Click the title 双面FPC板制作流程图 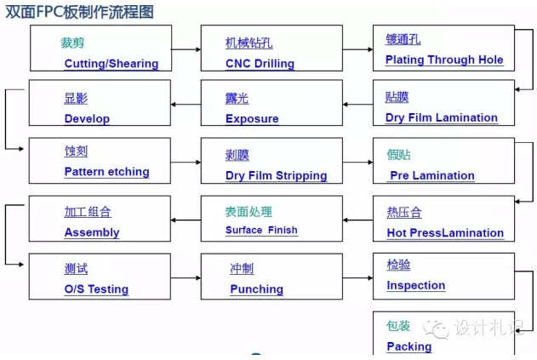point(79,12)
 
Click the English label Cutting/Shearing point(111,64)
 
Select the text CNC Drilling point(260,64)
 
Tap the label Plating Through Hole point(444,60)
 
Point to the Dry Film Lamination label point(442,117)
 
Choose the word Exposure point(252,118)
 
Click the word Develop point(87,118)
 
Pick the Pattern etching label point(107,172)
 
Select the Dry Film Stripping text point(277,175)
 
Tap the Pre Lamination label point(432,175)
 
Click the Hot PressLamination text point(445,233)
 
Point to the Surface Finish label point(261,230)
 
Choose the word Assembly point(92,232)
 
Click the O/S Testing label point(96,289)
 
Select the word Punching point(257,289)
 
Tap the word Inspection point(416,285)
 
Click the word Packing point(409,346)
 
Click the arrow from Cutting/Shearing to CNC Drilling point(186,49)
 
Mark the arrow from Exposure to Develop point(186,105)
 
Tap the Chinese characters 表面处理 point(249,212)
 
